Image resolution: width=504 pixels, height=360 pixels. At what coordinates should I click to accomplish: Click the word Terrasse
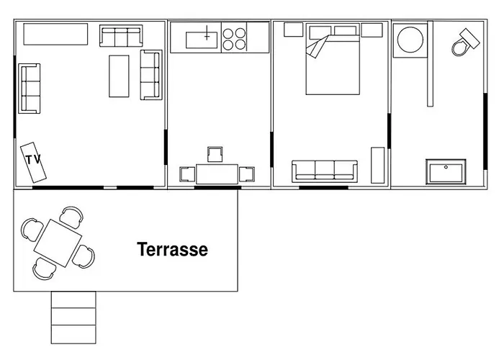coord(173,249)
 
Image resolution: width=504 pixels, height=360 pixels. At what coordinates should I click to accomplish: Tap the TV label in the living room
coord(33,159)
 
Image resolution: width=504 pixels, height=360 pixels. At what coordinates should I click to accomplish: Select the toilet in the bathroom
coord(465,42)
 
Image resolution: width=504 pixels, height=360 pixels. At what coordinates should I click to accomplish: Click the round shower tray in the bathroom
coord(410,40)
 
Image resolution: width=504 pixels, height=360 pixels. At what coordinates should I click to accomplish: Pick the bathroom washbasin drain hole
coord(446,167)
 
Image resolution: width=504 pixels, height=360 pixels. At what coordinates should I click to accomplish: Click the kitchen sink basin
coord(202,40)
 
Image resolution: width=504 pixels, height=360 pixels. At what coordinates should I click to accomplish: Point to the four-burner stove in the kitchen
coord(234,39)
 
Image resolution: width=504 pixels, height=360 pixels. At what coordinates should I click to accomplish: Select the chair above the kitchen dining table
coord(215,154)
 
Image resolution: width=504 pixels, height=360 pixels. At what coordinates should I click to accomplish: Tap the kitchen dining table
coord(217,174)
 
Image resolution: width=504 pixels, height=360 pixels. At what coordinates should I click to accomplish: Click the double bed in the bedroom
coord(333,59)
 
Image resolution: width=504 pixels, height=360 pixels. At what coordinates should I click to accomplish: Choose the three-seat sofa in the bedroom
coord(325,171)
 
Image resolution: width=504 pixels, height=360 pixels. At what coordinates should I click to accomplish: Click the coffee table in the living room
coord(119,76)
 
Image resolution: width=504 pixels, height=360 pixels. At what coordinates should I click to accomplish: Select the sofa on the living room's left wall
coord(30,89)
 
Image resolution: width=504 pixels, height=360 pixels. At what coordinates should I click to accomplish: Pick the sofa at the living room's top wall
coord(121,36)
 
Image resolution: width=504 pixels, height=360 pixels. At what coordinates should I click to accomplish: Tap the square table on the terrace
coord(58,243)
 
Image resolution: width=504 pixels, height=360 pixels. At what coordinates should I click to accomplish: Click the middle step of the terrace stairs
coord(73,316)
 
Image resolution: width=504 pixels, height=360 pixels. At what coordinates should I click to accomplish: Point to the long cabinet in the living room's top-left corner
coord(55,34)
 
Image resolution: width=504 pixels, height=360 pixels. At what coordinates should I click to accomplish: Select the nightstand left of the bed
coord(294,30)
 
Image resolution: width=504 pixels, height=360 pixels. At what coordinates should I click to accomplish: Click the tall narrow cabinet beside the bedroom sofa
coord(378,165)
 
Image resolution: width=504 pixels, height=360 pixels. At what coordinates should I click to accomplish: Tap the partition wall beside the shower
coord(430,63)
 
